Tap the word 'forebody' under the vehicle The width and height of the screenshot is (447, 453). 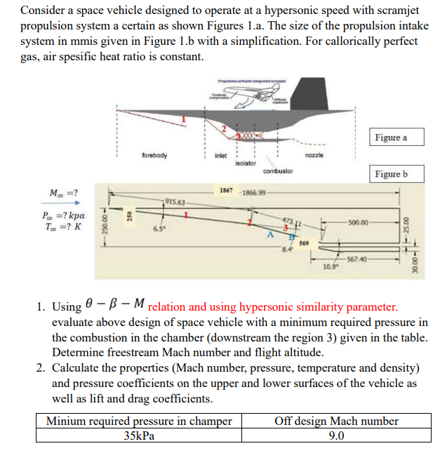154,155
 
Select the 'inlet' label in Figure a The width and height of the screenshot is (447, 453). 220,155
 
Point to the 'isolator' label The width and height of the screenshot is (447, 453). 244,162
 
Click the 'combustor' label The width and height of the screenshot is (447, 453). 277,170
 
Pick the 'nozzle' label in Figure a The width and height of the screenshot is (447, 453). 314,155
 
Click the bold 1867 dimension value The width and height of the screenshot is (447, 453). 226,191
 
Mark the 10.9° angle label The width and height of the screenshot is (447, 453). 331,267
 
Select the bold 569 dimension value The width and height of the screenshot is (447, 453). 304,243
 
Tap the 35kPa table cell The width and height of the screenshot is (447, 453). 138,435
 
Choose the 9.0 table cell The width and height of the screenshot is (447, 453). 336,435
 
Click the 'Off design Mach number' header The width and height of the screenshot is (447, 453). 336,421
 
